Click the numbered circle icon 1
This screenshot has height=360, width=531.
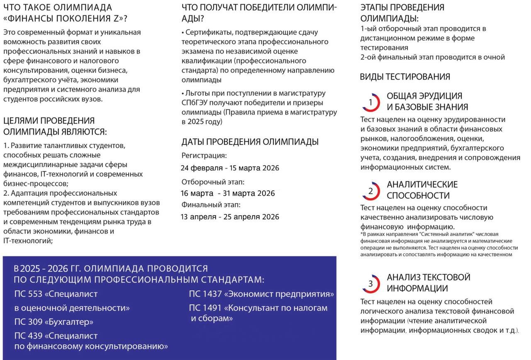[371, 102]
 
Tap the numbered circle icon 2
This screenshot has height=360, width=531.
[371, 191]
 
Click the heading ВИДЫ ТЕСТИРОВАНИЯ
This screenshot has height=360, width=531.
[405, 77]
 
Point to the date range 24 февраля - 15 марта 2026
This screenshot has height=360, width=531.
[230, 168]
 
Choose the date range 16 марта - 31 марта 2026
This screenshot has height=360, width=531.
[228, 193]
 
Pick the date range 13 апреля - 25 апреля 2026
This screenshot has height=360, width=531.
[230, 217]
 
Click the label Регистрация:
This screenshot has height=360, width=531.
[204, 156]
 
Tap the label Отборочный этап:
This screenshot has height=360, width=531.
[213, 182]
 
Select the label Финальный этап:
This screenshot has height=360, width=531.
[211, 204]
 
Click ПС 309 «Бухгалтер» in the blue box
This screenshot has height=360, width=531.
[54, 322]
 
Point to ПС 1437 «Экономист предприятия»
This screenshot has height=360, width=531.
[261, 294]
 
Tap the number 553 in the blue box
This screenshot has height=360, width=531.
[34, 294]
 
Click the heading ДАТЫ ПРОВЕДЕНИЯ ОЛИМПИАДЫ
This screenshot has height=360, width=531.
[250, 142]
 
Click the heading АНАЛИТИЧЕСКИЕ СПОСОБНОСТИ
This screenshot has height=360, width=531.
[422, 190]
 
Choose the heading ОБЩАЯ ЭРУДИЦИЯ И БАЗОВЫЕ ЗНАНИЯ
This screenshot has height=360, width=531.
[427, 102]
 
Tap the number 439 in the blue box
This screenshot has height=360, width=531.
[34, 336]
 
